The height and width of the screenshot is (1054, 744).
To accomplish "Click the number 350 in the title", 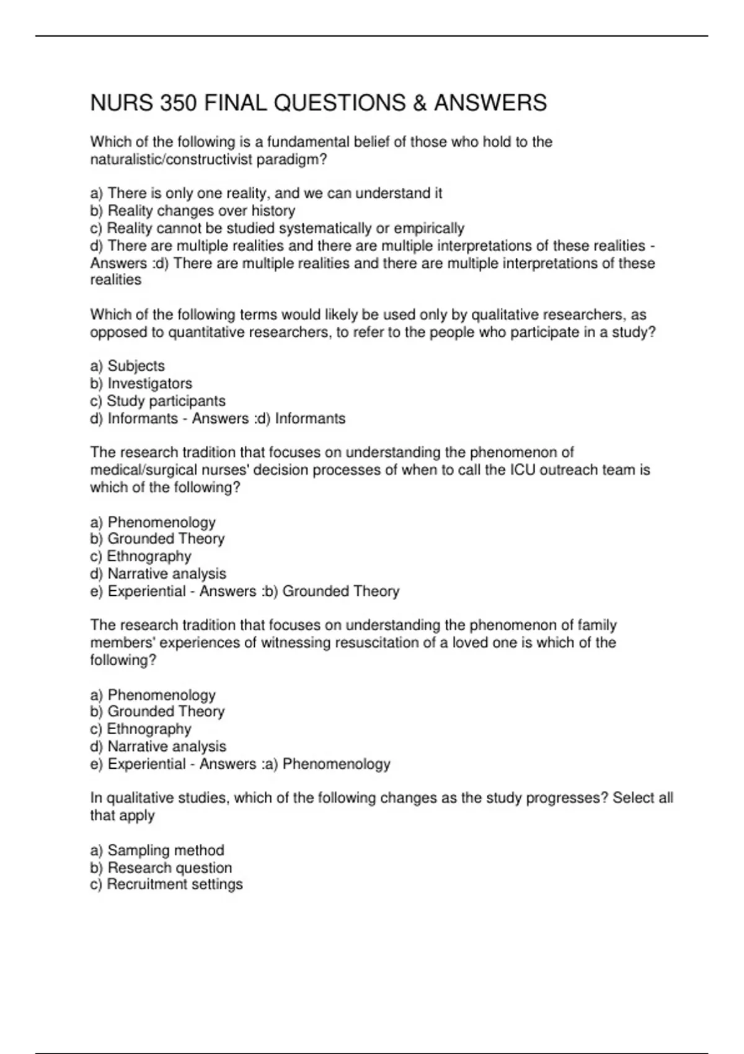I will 179,103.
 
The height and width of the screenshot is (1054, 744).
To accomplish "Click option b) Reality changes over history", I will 193,211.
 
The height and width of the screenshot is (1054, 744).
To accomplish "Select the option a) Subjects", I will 128,366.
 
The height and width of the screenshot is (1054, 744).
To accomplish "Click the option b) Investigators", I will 141,383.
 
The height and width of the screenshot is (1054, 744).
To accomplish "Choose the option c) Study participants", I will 158,401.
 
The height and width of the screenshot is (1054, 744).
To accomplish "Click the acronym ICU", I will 523,470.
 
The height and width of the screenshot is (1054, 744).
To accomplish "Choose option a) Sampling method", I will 157,850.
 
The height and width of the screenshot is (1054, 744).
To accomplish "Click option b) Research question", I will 161,867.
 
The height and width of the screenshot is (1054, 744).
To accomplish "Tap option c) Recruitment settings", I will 167,884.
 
